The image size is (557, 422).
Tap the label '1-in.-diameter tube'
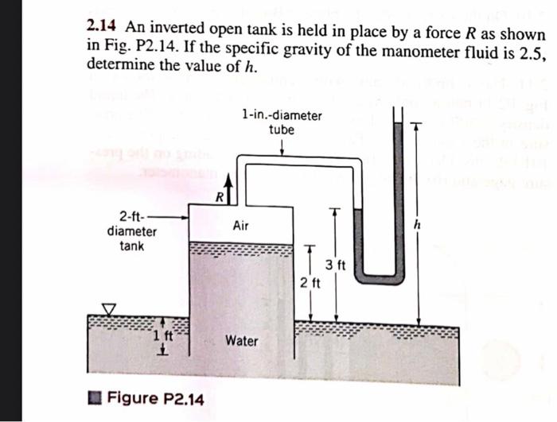[x=282, y=122]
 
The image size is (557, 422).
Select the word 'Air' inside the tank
[x=242, y=226]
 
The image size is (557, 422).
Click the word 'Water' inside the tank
[x=241, y=341]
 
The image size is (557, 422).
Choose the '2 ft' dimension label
[x=310, y=283]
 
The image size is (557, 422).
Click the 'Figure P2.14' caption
[x=155, y=397]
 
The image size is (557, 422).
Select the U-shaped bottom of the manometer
[x=378, y=277]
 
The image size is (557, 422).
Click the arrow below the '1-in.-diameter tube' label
[x=282, y=149]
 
